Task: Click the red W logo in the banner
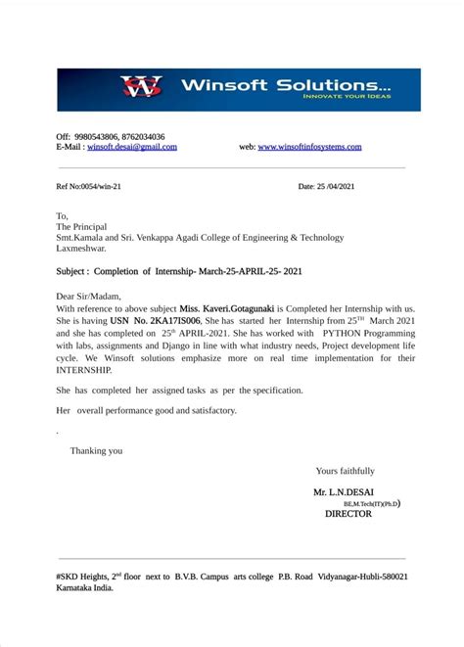141,88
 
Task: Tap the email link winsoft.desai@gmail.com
132,147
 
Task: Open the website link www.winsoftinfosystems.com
309,147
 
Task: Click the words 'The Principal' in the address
82,226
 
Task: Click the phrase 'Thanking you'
97,451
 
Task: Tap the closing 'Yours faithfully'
345,471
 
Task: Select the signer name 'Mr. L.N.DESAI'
345,492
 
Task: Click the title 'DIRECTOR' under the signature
348,513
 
